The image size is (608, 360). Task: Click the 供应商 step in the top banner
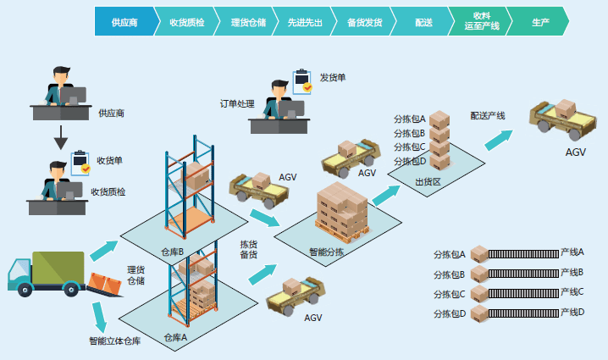pos(125,22)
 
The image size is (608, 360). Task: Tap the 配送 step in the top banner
pos(424,22)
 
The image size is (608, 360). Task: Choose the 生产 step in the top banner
pos(540,22)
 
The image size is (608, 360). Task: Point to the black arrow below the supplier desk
pos(60,133)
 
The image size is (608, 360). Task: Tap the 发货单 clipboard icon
pos(302,80)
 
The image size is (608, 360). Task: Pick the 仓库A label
pos(175,337)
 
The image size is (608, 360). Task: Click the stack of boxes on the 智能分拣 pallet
pos(343,208)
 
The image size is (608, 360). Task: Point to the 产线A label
pos(572,252)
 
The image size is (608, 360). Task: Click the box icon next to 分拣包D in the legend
pos(480,314)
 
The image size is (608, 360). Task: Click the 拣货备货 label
pos(248,249)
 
